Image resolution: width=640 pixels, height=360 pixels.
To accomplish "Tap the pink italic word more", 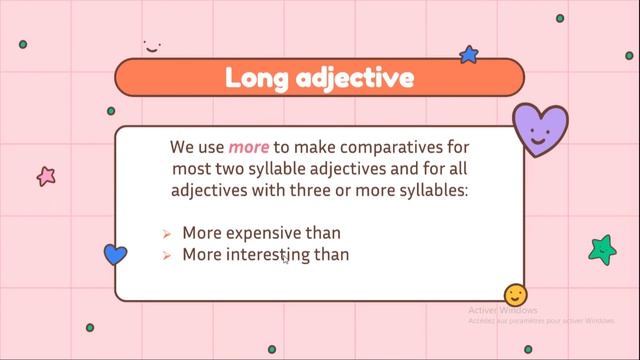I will [247, 147].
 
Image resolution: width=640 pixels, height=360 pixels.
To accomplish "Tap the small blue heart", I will [116, 254].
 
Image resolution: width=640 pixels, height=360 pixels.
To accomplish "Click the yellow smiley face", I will [516, 295].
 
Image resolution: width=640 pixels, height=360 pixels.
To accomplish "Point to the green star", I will [602, 249].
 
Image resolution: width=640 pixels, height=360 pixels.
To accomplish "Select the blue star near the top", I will [468, 54].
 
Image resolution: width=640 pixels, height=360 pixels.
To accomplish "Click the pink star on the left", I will [46, 177].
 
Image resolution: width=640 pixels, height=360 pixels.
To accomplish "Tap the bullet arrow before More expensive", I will [167, 234].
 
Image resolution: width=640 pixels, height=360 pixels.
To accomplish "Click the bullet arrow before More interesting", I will [167, 256].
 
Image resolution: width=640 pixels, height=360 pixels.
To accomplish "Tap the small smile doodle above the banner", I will [151, 45].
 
